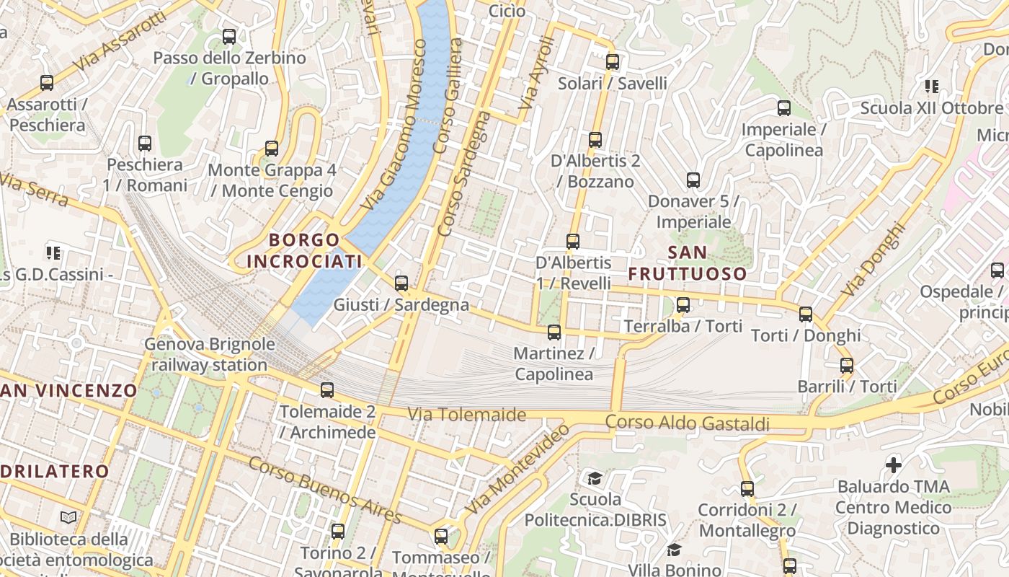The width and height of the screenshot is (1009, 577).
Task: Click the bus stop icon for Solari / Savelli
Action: [613, 62]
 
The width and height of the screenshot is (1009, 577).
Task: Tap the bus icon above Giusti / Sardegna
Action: [401, 283]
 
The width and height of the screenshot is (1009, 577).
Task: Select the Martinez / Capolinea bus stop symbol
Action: [554, 332]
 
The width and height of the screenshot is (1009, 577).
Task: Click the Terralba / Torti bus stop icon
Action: [683, 305]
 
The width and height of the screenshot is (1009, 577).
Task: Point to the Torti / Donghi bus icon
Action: [806, 314]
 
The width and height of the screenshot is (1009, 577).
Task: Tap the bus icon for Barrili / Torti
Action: [847, 366]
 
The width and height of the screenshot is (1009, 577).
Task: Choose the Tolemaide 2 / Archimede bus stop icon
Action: [327, 390]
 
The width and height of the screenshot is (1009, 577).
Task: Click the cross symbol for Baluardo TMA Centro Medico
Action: [894, 465]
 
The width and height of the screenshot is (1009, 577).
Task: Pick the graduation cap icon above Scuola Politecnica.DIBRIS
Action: [595, 478]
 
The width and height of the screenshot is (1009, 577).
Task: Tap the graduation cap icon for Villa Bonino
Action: [674, 550]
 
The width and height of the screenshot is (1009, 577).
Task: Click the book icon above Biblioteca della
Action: [68, 517]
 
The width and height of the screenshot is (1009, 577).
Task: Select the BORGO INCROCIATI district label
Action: [303, 250]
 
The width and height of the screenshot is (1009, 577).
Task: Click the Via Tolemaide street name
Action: [467, 415]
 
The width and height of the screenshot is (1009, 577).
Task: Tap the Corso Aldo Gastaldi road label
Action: [688, 423]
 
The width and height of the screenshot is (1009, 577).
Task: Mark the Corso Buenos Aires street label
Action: [324, 490]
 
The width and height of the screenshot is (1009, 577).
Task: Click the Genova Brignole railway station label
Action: [210, 354]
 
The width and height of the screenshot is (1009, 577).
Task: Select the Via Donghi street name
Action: [873, 259]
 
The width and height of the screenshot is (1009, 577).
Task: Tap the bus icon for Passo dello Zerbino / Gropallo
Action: [229, 36]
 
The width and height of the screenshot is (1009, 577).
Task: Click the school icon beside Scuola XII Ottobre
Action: [932, 87]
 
